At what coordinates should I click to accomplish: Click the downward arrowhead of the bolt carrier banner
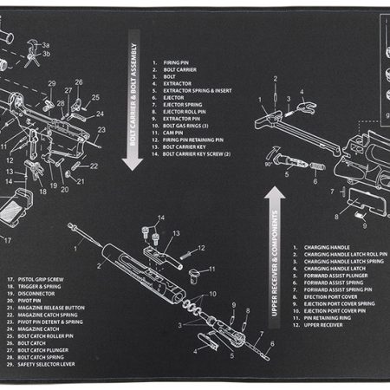point(133,162)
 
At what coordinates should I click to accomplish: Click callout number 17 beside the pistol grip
point(8,240)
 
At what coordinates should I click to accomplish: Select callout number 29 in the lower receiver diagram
point(52,84)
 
